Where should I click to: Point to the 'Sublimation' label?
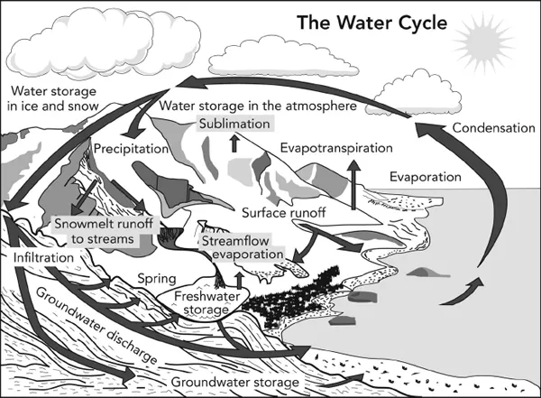coord(235,124)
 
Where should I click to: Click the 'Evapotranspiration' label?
coord(336,146)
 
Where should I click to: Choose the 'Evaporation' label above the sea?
coord(426,178)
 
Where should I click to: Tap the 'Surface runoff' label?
coord(284,214)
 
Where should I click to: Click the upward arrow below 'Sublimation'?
coord(235,143)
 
